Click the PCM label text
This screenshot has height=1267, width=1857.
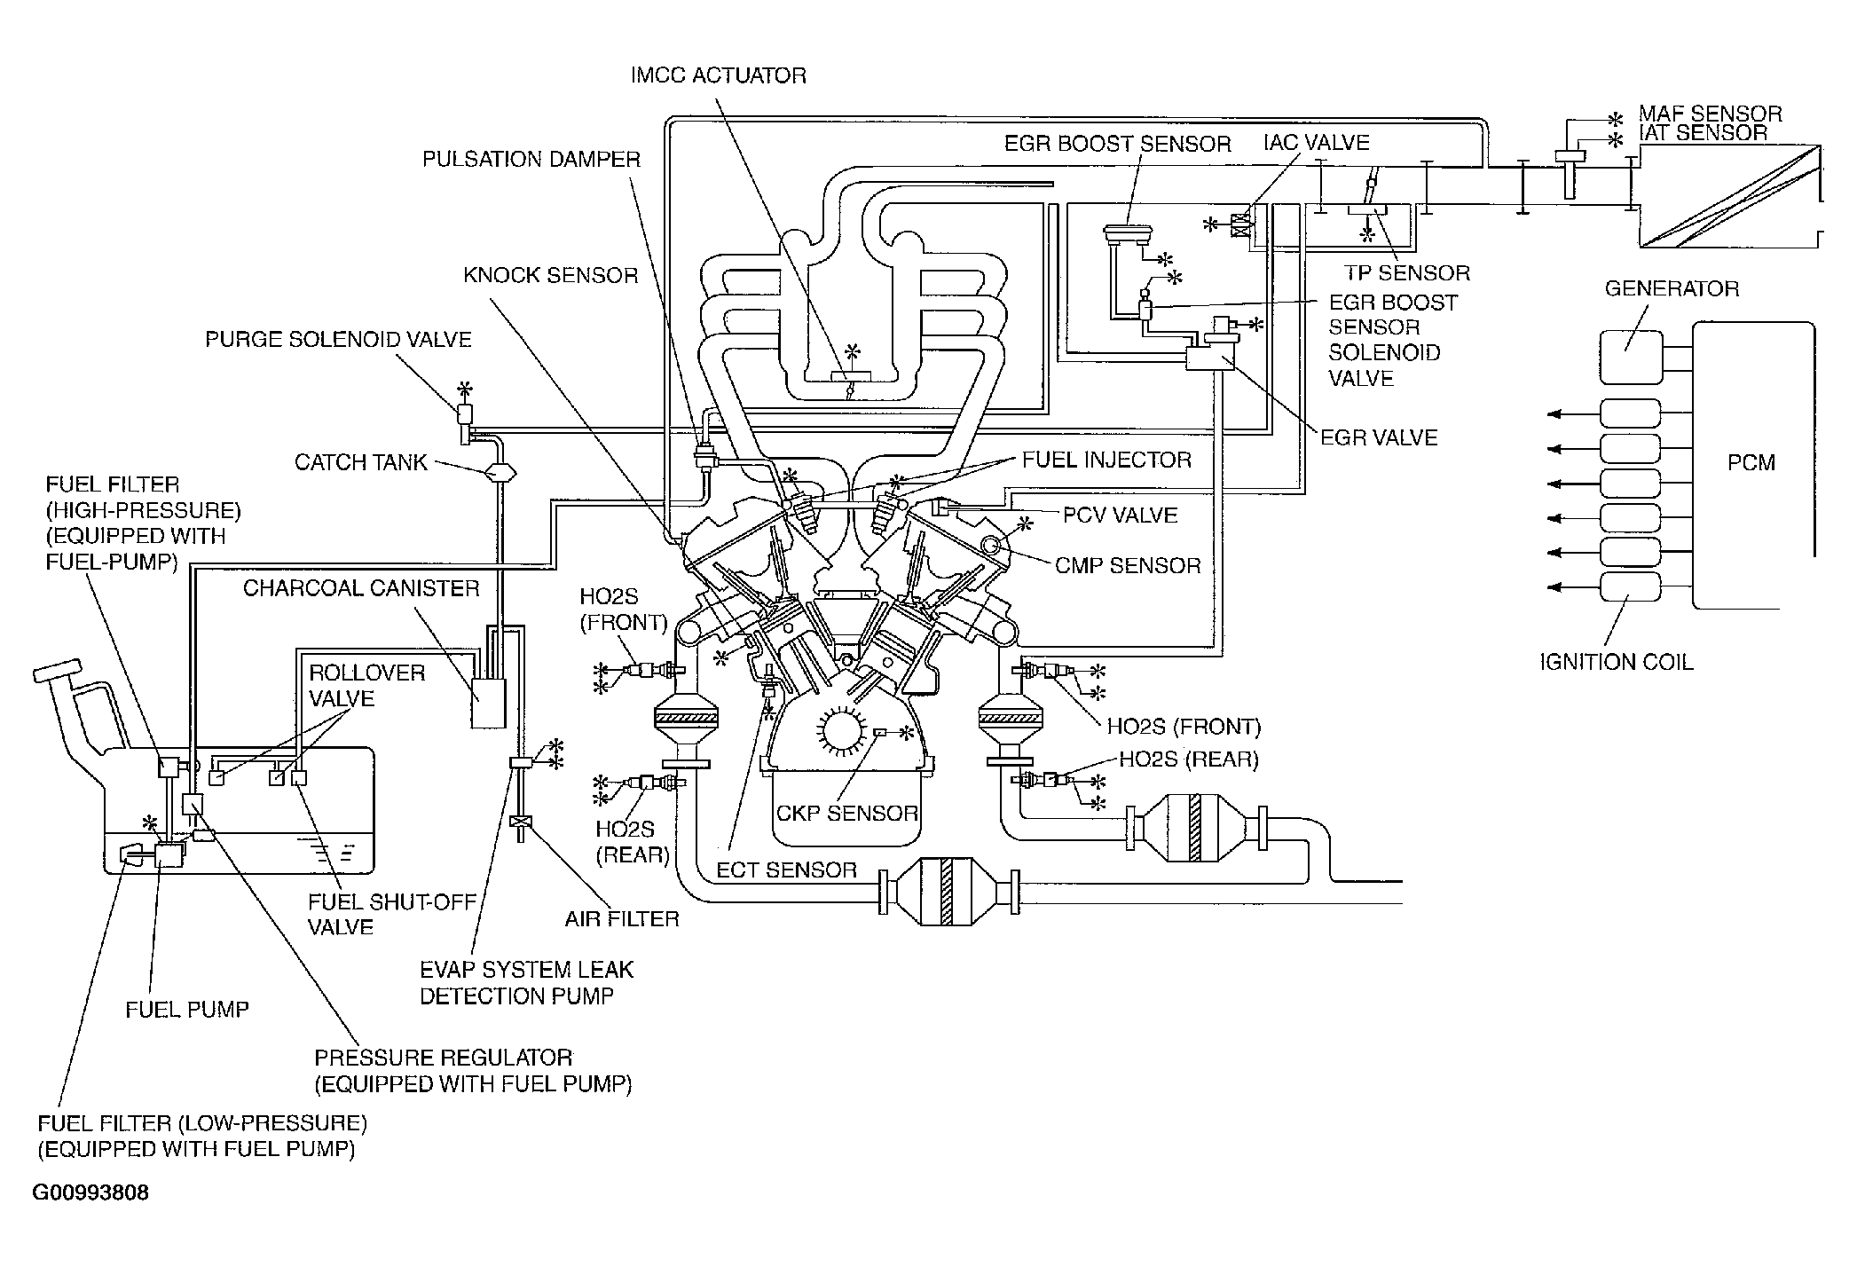coord(1751,462)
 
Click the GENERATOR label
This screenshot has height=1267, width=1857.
coord(1672,288)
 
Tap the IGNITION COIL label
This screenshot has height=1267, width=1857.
coord(1616,662)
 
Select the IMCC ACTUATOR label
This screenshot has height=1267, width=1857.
coord(718,75)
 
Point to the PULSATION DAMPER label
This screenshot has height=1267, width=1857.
coord(531,160)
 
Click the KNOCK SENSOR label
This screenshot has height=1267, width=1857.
coord(550,275)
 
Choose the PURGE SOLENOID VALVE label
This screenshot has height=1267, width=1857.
coord(338,340)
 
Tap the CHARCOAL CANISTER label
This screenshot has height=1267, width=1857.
coord(361,588)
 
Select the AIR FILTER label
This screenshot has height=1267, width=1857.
coord(622,919)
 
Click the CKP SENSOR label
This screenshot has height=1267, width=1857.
coord(847,814)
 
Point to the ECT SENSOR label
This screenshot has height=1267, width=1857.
coord(787,870)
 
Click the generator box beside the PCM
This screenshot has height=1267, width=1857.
coord(1632,357)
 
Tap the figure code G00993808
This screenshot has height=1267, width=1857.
coord(90,1192)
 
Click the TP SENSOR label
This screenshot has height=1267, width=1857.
coord(1406,273)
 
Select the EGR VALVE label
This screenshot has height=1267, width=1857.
coord(1379,437)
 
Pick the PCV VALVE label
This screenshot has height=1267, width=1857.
coord(1121,515)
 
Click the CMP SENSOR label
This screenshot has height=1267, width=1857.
coord(1128,566)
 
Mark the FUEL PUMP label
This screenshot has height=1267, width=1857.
coord(187,1010)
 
